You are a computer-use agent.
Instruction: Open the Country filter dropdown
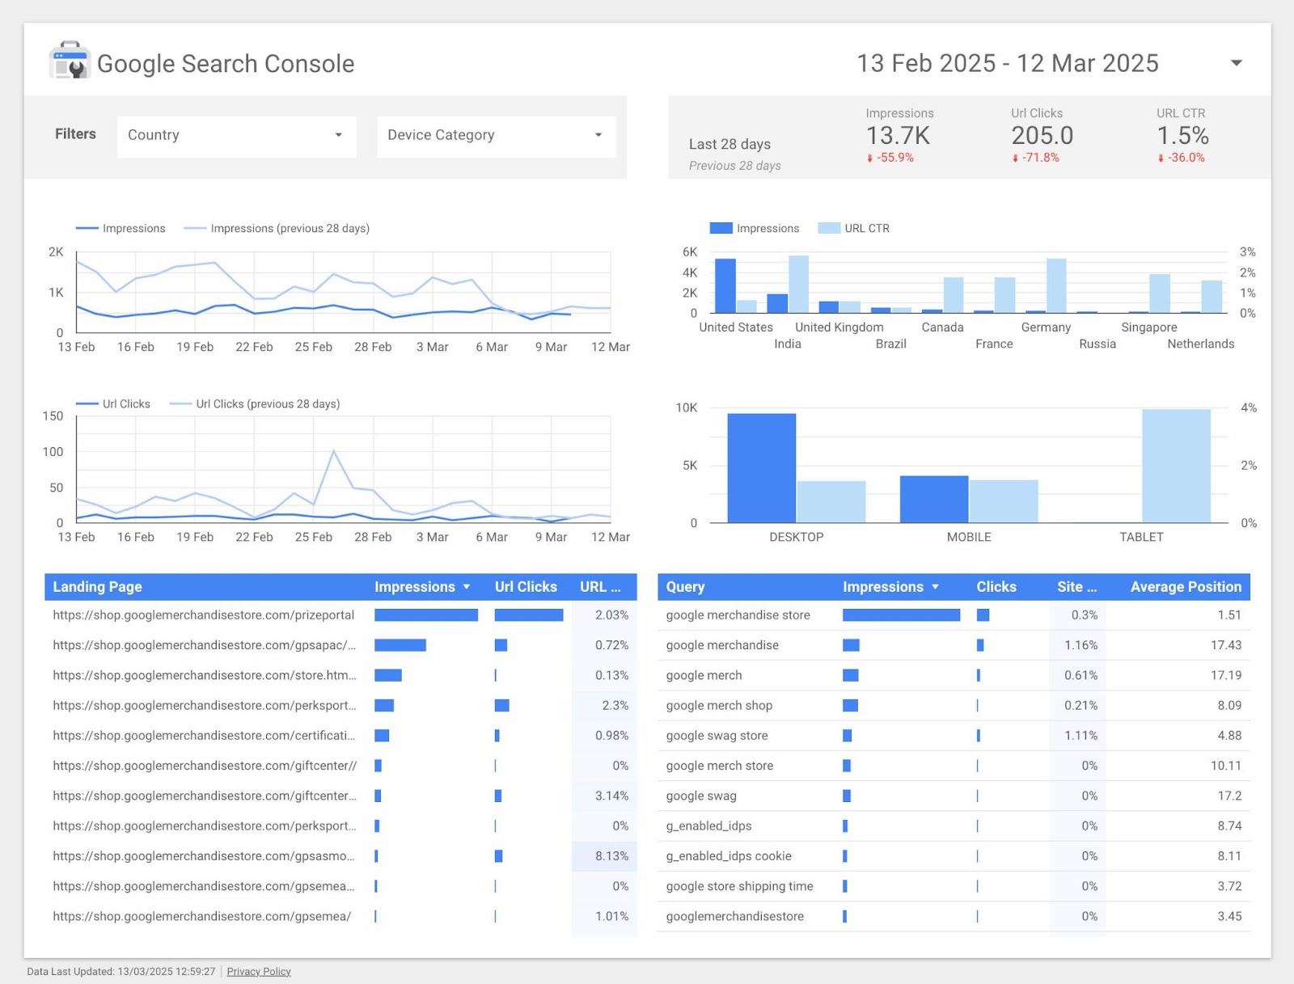click(x=236, y=135)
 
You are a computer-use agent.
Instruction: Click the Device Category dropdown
click(x=495, y=135)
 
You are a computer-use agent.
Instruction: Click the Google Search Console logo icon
click(x=70, y=61)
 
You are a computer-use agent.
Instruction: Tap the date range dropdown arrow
click(x=1236, y=63)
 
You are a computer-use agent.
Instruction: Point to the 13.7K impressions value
click(x=898, y=135)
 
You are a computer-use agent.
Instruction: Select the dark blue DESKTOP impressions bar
click(x=761, y=468)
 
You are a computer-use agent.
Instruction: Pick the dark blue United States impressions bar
click(x=725, y=285)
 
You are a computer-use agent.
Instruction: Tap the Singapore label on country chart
click(x=1148, y=327)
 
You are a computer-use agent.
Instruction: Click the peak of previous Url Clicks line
click(x=333, y=451)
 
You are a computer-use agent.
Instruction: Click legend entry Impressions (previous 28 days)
click(x=289, y=229)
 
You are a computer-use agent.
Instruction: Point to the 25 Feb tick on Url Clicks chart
click(x=313, y=537)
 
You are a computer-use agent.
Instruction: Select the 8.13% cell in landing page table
click(x=611, y=856)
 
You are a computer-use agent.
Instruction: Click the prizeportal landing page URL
click(x=203, y=615)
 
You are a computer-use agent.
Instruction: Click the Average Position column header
click(x=1185, y=587)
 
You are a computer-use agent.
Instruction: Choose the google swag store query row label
click(x=717, y=736)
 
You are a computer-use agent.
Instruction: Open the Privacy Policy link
click(x=259, y=971)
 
